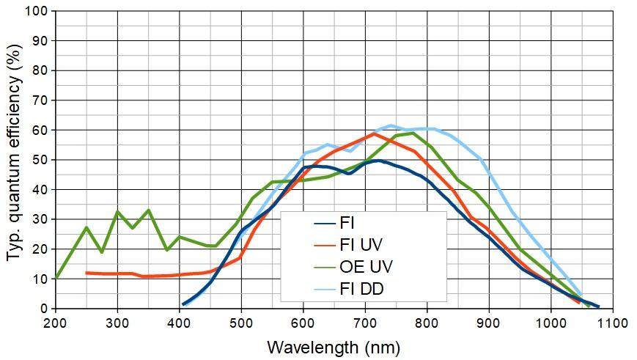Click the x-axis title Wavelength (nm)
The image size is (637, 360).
click(334, 346)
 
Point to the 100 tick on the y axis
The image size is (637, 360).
click(37, 12)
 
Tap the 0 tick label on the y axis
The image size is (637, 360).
click(43, 309)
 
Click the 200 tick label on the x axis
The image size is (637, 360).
click(56, 323)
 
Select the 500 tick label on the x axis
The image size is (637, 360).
click(241, 323)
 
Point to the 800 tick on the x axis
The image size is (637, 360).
click(427, 323)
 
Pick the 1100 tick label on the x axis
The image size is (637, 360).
click(612, 323)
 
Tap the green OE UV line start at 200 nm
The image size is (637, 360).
click(56, 278)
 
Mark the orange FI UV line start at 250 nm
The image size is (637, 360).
click(86, 273)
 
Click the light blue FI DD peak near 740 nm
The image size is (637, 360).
click(391, 125)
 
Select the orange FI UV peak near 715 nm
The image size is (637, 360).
click(374, 133)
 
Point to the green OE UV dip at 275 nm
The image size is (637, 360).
click(102, 251)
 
